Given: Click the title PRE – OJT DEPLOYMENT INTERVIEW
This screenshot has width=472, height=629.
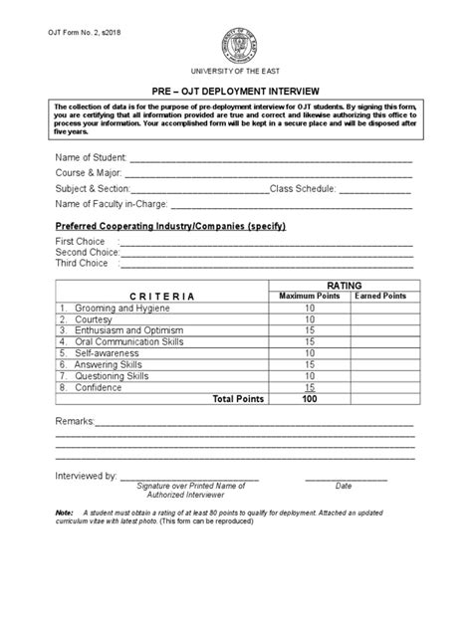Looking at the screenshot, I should (x=235, y=88).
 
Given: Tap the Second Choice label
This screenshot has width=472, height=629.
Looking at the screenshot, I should (x=87, y=252).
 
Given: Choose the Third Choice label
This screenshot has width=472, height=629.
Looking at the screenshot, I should (x=82, y=263).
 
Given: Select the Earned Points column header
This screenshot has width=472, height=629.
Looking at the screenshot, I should (x=380, y=297).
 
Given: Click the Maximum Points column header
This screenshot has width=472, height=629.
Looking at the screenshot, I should (x=309, y=297).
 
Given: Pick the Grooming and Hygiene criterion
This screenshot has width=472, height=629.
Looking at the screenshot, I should (x=114, y=309).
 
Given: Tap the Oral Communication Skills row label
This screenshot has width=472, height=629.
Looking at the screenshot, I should (x=127, y=341).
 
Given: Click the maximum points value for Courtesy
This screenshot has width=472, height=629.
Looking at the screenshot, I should (x=309, y=319).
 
